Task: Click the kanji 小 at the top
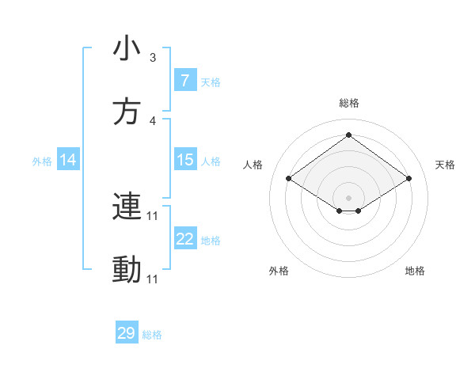127,49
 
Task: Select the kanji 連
127,207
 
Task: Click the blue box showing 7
185,81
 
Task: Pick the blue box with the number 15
185,161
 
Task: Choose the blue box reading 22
185,239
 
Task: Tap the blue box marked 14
68,161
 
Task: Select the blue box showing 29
127,333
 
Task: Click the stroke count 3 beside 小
153,58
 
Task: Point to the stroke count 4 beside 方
153,121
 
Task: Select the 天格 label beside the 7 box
211,82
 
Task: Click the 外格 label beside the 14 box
42,161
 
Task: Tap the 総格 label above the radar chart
348,103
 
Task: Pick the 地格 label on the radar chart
415,271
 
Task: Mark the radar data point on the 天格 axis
408,179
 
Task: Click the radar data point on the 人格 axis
289,179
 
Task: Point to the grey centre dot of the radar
348,197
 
